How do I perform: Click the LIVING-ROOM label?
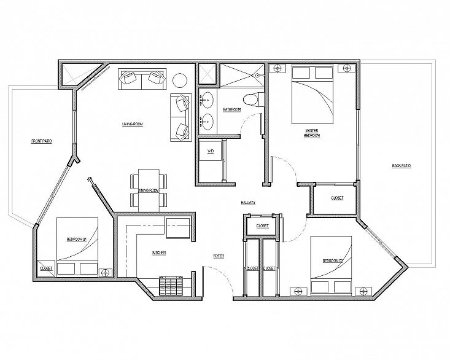pyautogui.click(x=132, y=125)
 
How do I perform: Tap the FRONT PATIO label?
pyautogui.click(x=42, y=141)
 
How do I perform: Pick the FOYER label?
pyautogui.click(x=219, y=255)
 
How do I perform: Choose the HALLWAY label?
pyautogui.click(x=248, y=203)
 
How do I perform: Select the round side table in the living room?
pyautogui.click(x=179, y=80)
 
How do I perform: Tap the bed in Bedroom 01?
pyautogui.click(x=78, y=245)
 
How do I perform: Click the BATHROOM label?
pyautogui.click(x=231, y=110)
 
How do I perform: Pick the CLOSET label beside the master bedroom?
pyautogui.click(x=337, y=198)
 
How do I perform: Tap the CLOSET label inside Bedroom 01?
pyautogui.click(x=46, y=268)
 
